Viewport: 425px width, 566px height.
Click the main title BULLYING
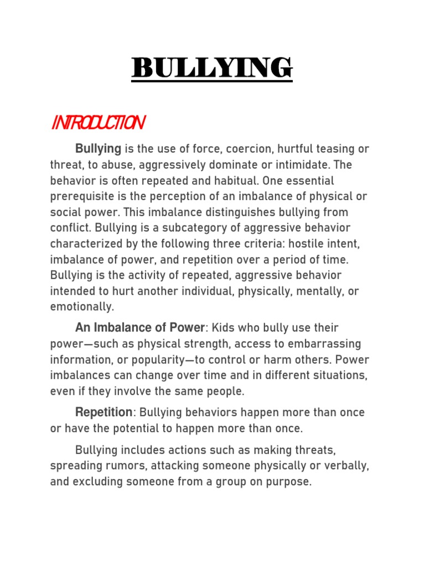point(212,69)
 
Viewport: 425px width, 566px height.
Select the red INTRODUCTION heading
point(98,123)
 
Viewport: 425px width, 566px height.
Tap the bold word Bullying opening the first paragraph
point(98,149)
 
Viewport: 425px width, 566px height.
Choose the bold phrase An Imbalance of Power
point(140,328)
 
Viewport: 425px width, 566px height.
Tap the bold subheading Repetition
point(103,412)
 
